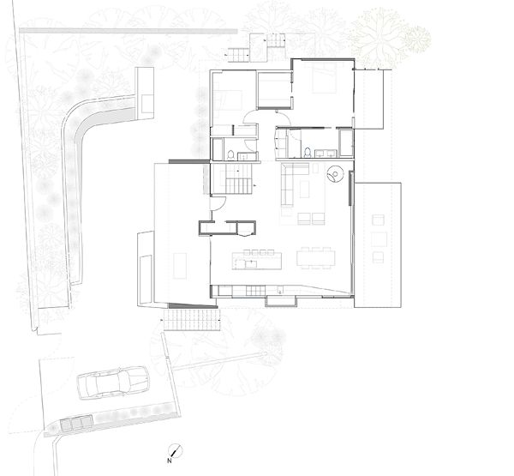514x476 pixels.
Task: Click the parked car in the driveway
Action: click(113, 383)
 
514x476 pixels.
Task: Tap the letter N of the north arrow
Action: click(170, 461)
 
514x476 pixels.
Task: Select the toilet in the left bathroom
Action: click(230, 154)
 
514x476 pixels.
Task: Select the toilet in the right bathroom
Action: click(308, 153)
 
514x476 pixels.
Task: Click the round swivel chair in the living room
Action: click(335, 173)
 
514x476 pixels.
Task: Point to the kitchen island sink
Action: click(250, 263)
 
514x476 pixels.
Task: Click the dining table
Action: click(316, 258)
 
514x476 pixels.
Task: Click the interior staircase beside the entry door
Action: click(232, 179)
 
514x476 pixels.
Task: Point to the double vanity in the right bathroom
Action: click(326, 153)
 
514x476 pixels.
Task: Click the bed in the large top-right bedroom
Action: click(324, 78)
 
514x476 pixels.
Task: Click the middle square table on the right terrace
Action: click(379, 239)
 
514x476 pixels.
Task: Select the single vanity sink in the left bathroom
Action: click(243, 155)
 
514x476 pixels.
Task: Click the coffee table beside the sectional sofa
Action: click(304, 189)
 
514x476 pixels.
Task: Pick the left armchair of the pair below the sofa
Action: click(304, 219)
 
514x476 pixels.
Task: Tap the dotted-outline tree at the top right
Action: click(379, 37)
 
